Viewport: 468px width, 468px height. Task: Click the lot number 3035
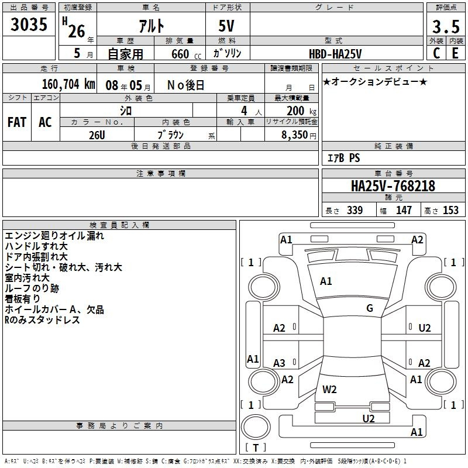pyautogui.click(x=29, y=25)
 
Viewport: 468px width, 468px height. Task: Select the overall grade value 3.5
pyautogui.click(x=446, y=26)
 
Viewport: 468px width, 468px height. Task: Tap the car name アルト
pyautogui.click(x=152, y=26)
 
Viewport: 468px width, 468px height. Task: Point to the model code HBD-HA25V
pyautogui.click(x=335, y=54)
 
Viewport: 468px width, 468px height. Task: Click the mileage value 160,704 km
pyautogui.click(x=68, y=84)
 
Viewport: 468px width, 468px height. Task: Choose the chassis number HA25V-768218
pyautogui.click(x=393, y=185)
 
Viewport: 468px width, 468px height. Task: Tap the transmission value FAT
pyautogui.click(x=17, y=122)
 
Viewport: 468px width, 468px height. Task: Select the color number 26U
pyautogui.click(x=97, y=135)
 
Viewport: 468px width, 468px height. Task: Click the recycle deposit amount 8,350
pyautogui.click(x=294, y=135)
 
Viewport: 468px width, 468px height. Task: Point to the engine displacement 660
pyautogui.click(x=180, y=54)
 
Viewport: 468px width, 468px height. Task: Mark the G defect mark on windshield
pyautogui.click(x=370, y=308)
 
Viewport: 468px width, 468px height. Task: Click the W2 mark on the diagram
pyautogui.click(x=329, y=390)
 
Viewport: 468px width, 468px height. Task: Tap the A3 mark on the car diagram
pyautogui.click(x=279, y=363)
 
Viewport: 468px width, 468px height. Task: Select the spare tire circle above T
pyautogui.click(x=256, y=427)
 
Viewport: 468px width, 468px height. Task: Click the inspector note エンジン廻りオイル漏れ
pyautogui.click(x=54, y=236)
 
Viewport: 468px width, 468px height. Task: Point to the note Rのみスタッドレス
pyautogui.click(x=42, y=320)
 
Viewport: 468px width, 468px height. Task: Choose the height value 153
pyautogui.click(x=450, y=210)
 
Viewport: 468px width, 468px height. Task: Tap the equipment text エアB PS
pyautogui.click(x=344, y=158)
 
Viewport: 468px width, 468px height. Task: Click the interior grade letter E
pyautogui.click(x=455, y=53)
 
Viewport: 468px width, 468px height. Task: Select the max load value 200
pyautogui.click(x=295, y=111)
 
